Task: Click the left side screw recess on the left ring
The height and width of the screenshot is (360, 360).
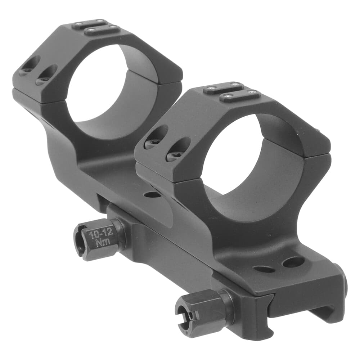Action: click(28, 66)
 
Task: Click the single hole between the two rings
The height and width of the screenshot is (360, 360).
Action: click(152, 195)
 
